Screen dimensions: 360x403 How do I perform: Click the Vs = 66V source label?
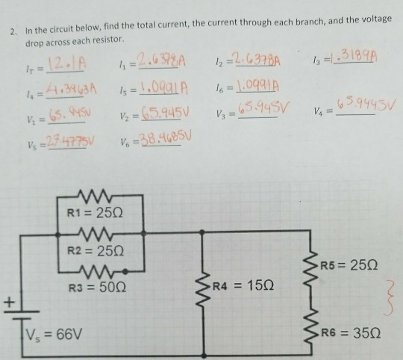click(51, 328)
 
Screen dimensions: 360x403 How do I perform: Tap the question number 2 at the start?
click(12, 32)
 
